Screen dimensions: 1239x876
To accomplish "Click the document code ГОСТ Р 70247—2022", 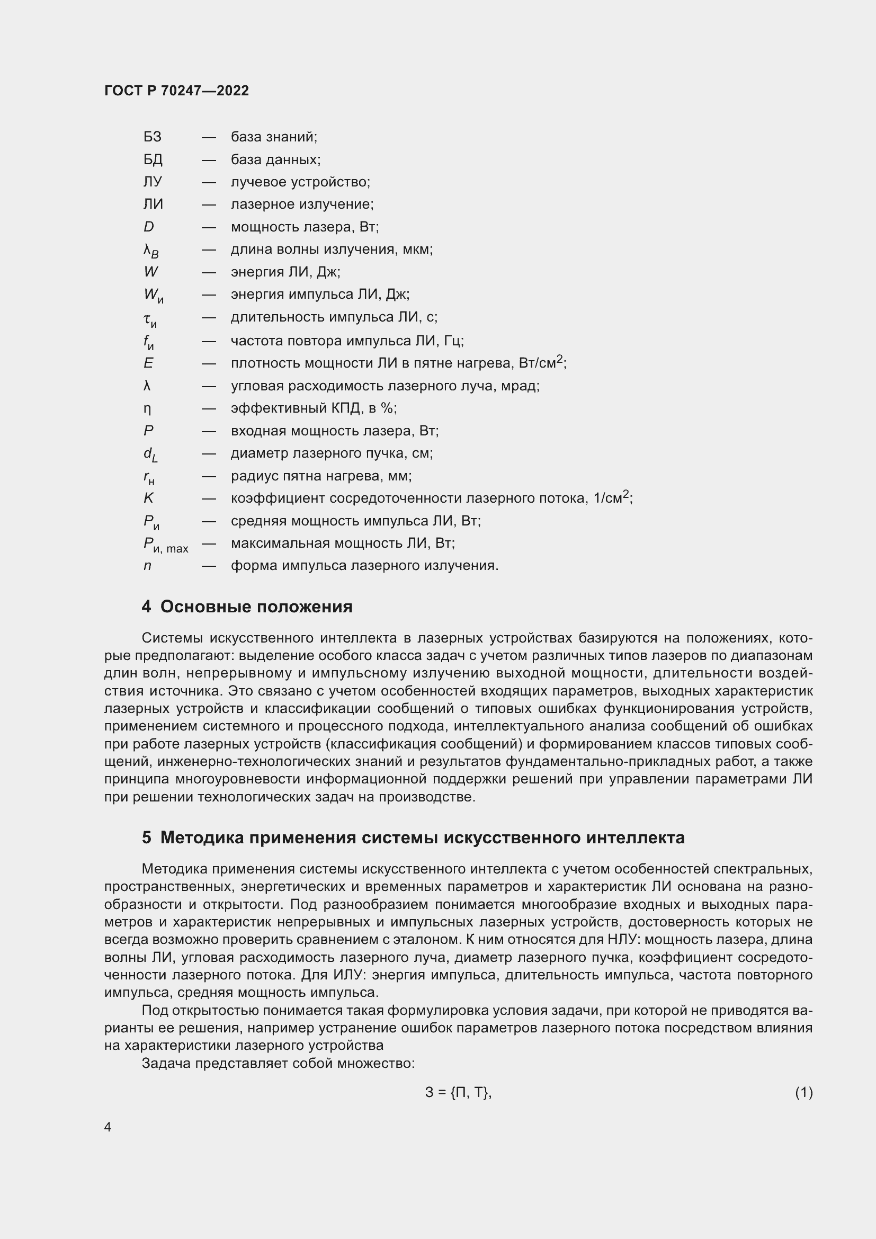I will pyautogui.click(x=176, y=91).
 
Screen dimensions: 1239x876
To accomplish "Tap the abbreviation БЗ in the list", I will pyautogui.click(x=152, y=137).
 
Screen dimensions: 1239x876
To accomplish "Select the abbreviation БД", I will pyautogui.click(x=153, y=160).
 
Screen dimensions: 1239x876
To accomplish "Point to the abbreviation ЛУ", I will pyautogui.click(x=153, y=182).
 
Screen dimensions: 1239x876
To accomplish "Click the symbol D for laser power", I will pyautogui.click(x=149, y=227).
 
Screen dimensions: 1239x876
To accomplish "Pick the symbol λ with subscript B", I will pyautogui.click(x=151, y=251).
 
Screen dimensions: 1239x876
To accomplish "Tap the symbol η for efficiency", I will pyautogui.click(x=147, y=408).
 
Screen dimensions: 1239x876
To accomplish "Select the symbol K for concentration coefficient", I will pyautogui.click(x=148, y=498).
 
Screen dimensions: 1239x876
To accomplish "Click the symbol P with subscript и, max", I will pyautogui.click(x=166, y=545).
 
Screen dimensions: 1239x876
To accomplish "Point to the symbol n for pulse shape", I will pyautogui.click(x=147, y=566).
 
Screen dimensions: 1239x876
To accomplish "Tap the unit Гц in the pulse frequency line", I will pyautogui.click(x=452, y=341).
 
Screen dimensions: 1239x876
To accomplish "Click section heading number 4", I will pyautogui.click(x=146, y=607).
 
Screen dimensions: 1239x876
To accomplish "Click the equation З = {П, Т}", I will pyautogui.click(x=458, y=1092).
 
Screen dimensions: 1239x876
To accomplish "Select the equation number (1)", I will pyautogui.click(x=803, y=1092).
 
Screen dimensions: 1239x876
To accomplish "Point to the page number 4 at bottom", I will pyautogui.click(x=108, y=1127).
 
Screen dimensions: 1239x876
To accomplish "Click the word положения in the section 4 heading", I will pyautogui.click(x=303, y=607).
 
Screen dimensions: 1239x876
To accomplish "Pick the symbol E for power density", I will pyautogui.click(x=148, y=363).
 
